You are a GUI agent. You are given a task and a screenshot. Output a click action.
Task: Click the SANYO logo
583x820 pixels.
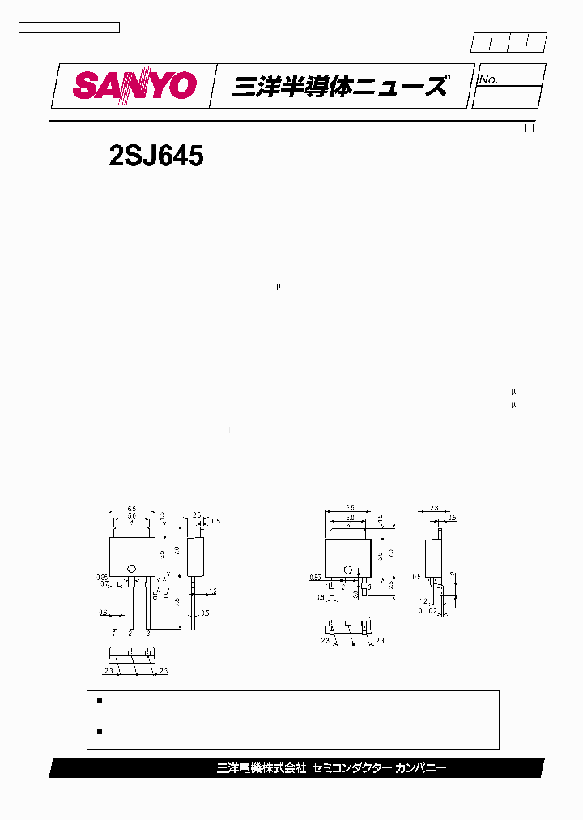(134, 85)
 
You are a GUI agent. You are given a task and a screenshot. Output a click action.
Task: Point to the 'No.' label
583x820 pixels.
(488, 79)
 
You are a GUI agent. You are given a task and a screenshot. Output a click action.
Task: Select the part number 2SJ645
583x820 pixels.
(155, 156)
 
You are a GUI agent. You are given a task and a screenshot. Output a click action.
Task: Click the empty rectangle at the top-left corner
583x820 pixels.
(69, 28)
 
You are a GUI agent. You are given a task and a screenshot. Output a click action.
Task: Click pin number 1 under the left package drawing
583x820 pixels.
(114, 633)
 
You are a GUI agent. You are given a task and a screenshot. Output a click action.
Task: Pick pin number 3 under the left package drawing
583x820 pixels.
(148, 633)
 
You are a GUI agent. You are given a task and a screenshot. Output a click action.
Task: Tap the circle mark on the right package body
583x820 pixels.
(348, 570)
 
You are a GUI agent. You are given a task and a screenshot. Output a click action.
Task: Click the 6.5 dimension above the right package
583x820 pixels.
(349, 508)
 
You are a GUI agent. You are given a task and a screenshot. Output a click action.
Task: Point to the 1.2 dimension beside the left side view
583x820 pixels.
(212, 591)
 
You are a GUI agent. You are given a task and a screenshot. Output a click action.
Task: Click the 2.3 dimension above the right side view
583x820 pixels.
(434, 508)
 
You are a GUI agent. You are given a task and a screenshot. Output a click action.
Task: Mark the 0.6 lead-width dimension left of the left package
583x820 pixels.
(103, 613)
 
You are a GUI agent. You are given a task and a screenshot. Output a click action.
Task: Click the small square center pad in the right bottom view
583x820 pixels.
(348, 624)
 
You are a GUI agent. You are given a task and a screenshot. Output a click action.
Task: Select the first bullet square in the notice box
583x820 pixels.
(100, 699)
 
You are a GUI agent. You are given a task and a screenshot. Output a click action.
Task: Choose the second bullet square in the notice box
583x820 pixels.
(100, 731)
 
